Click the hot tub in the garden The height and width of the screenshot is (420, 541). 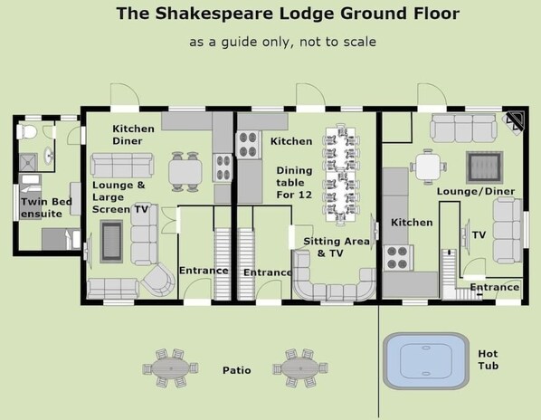[426, 361]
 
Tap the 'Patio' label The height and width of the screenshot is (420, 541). [237, 370]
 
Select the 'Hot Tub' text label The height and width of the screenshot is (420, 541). [489, 359]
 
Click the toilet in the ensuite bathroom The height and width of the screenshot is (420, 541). [26, 132]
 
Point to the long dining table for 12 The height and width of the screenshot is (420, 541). [340, 175]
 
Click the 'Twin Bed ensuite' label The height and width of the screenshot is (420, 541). [46, 208]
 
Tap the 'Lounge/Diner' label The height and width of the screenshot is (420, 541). [476, 191]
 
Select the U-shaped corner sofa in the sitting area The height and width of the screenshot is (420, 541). [333, 280]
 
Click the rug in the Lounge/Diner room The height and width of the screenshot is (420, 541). [483, 167]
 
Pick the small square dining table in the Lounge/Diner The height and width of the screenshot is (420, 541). [428, 167]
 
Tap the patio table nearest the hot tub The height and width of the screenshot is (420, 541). [300, 367]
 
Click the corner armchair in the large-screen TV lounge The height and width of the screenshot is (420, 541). [158, 280]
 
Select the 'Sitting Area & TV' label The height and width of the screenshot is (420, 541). [336, 247]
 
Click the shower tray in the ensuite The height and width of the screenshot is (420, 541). [28, 162]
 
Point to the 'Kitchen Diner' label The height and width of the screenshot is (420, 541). [133, 135]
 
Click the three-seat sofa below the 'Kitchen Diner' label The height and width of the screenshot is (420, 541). [122, 166]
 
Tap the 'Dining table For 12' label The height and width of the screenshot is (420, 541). [294, 183]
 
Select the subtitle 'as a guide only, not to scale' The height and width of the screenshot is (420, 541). [282, 43]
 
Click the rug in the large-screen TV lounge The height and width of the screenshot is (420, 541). [111, 242]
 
